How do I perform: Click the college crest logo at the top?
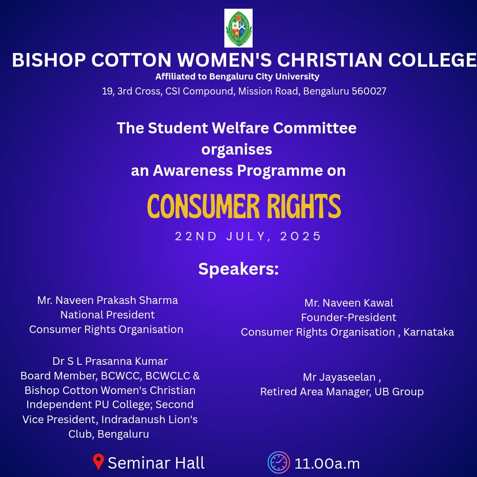pos(238,28)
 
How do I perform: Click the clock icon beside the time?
pos(278,463)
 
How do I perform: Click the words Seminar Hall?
pos(156,463)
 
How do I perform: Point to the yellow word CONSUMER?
pos(203,206)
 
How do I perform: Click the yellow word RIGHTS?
pos(304,206)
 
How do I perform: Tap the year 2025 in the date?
pos(300,236)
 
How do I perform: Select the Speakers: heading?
pos(238,269)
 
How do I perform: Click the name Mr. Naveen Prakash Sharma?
pos(108,300)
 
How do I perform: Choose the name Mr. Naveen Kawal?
pos(348,303)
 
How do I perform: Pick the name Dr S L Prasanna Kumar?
pos(110,361)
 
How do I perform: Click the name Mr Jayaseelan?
pos(340,377)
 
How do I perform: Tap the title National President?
pos(108,314)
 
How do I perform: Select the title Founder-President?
pos(348,317)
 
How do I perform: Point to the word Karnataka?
pos(428,332)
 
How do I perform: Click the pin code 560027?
pos(369,91)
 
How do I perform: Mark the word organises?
pos(237,150)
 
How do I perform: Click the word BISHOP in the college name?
pos(49,60)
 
